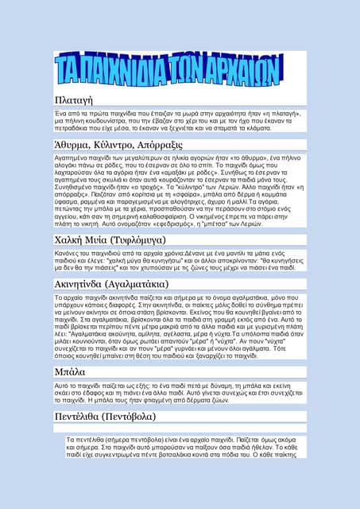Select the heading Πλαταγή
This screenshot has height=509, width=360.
74,99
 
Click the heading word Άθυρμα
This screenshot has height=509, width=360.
78,145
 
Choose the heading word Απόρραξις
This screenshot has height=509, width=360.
183,145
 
